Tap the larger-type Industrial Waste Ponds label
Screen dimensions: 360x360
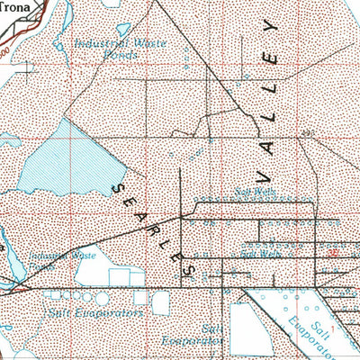click(115, 48)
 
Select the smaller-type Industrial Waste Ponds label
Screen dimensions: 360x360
click(66, 261)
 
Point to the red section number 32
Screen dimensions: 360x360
click(334, 254)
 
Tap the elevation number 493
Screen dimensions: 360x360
click(309, 133)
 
